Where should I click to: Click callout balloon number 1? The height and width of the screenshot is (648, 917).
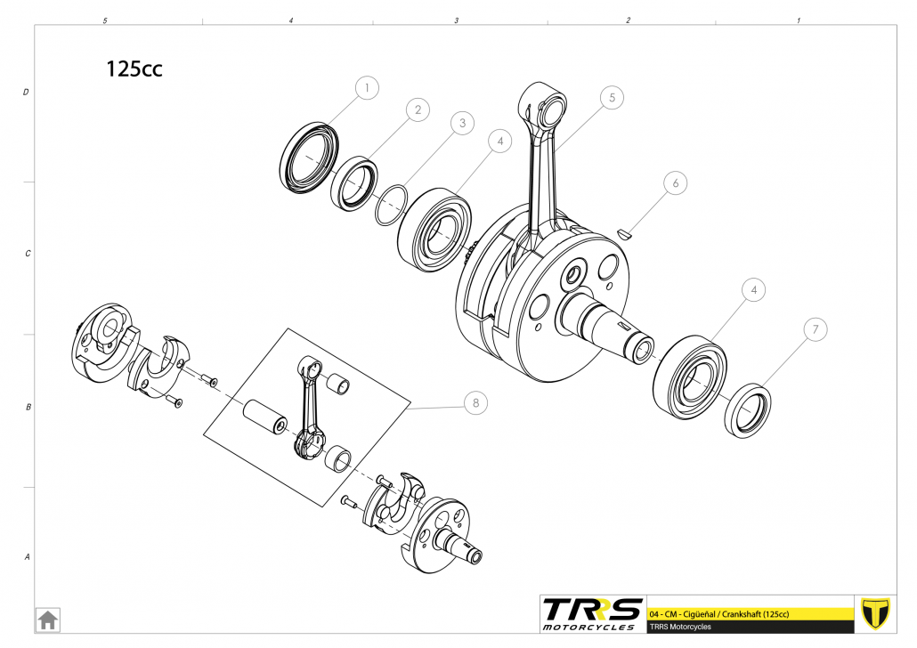pyautogui.click(x=367, y=88)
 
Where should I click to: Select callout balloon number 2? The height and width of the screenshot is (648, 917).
pyautogui.click(x=416, y=109)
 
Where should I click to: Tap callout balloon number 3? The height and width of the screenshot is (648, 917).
pyautogui.click(x=459, y=124)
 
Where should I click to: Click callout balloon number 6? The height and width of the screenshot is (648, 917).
pyautogui.click(x=675, y=183)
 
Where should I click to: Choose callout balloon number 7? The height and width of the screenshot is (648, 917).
pyautogui.click(x=814, y=328)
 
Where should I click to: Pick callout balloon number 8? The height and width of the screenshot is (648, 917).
pyautogui.click(x=475, y=402)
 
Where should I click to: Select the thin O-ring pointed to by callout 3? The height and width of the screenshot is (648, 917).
pyautogui.click(x=391, y=207)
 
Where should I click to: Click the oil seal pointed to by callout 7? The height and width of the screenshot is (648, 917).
pyautogui.click(x=748, y=410)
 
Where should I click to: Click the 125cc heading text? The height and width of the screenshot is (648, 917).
pyautogui.click(x=134, y=69)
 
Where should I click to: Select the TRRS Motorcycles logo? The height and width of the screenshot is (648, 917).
pyautogui.click(x=592, y=612)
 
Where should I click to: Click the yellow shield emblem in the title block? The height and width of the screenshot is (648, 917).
pyautogui.click(x=875, y=612)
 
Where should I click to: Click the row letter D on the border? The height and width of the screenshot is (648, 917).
pyautogui.click(x=26, y=92)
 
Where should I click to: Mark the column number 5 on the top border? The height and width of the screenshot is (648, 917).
pyautogui.click(x=105, y=20)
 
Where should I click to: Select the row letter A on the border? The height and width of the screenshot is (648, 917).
pyautogui.click(x=27, y=557)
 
